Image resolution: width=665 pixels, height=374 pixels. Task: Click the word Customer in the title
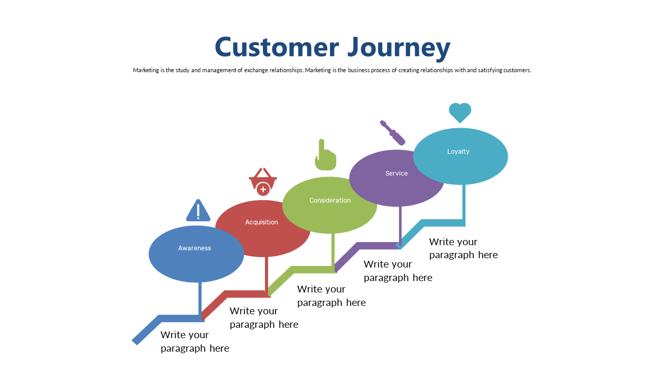coord(277,47)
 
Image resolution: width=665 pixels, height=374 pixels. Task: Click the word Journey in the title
coord(399,49)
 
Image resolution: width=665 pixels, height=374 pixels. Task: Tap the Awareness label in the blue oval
coord(194,248)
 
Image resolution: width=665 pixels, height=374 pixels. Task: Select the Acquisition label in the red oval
coord(261,222)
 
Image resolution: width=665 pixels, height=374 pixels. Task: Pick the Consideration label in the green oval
coord(330,201)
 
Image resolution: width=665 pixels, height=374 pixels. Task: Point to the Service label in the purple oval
coord(396,173)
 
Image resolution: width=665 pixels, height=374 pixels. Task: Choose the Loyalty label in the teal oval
coord(458,152)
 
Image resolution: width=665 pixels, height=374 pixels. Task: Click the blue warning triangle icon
coord(198,210)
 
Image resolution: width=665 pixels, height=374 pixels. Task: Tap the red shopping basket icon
coord(263,182)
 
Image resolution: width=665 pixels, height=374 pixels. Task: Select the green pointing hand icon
coord(325,155)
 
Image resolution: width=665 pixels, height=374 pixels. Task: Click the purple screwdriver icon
coord(392,132)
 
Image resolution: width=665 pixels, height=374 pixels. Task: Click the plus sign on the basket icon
coord(263,190)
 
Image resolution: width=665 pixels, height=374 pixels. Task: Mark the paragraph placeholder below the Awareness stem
coord(195,341)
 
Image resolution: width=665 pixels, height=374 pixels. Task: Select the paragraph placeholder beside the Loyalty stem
coord(463,248)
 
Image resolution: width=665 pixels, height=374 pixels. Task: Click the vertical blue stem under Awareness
coord(200,300)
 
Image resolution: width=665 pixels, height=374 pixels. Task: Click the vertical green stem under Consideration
coord(333,251)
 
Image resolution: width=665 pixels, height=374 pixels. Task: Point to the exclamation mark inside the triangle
coord(198,211)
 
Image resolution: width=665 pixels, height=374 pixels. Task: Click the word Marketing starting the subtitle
coord(146,70)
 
